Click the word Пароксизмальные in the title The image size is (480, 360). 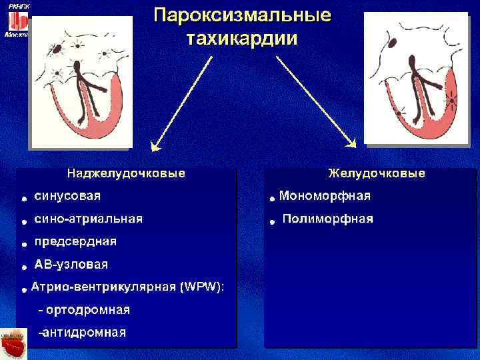pyautogui.click(x=242, y=15)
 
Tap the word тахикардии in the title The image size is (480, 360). pyautogui.click(x=242, y=37)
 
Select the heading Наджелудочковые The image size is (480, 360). pyautogui.click(x=125, y=174)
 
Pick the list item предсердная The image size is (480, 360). pyautogui.click(x=75, y=241)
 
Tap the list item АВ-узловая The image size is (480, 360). pyautogui.click(x=71, y=265)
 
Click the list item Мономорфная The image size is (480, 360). pyautogui.click(x=325, y=196)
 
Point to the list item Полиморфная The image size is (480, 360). pyautogui.click(x=328, y=219)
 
